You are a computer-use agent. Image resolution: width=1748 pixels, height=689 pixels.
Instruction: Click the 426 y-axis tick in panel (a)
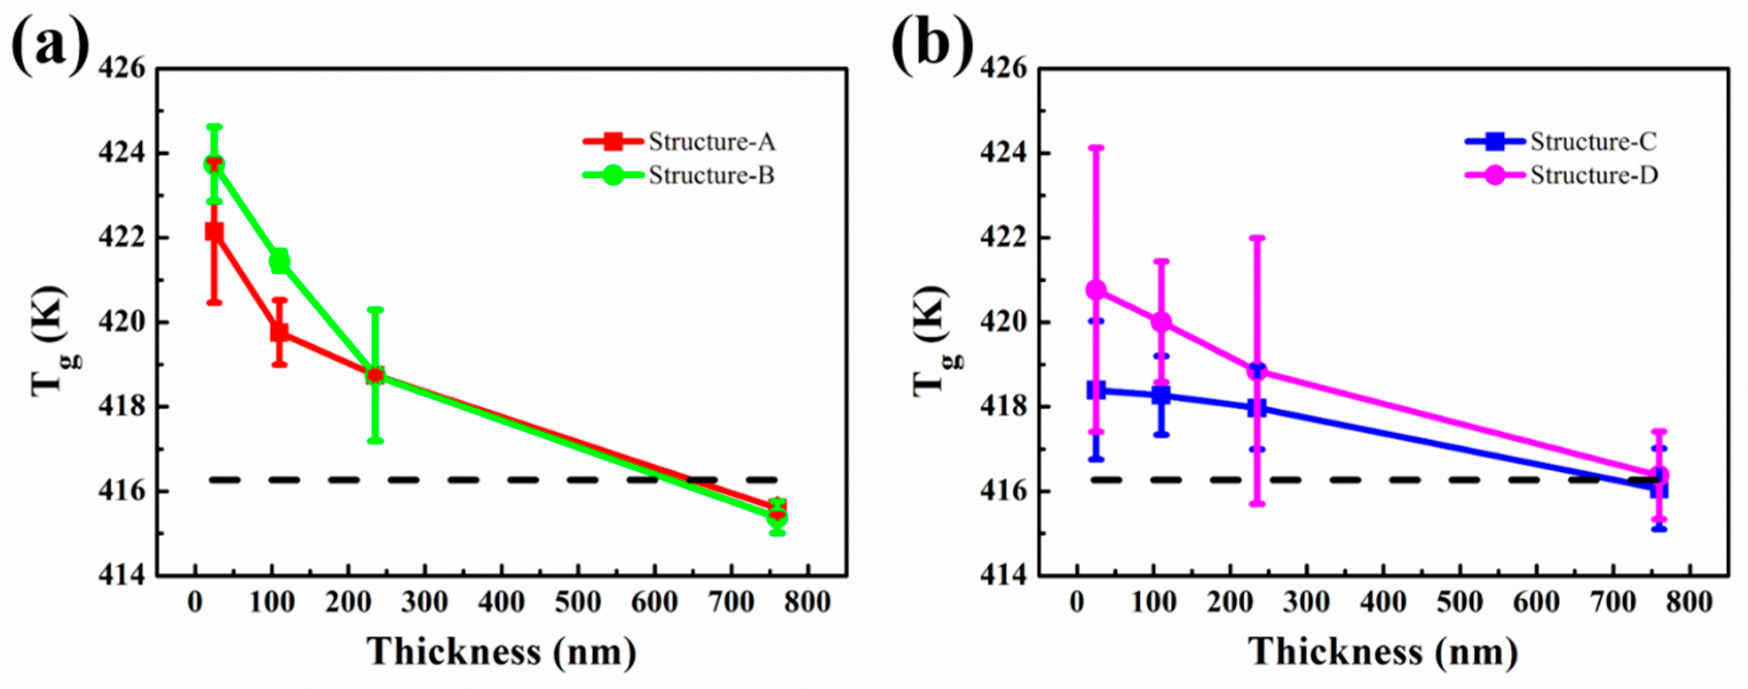122,69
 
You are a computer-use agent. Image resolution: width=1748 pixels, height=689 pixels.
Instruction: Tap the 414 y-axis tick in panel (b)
1004,575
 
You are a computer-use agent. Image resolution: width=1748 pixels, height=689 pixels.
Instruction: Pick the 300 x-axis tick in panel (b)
1306,603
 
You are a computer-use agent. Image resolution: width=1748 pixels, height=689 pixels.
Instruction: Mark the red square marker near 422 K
215,232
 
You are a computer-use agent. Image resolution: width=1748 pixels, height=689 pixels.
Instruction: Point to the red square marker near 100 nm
280,332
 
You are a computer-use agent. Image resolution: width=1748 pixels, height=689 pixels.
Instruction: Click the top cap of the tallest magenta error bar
1097,147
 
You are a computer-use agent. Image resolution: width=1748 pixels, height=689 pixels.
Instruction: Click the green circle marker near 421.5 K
279,261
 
